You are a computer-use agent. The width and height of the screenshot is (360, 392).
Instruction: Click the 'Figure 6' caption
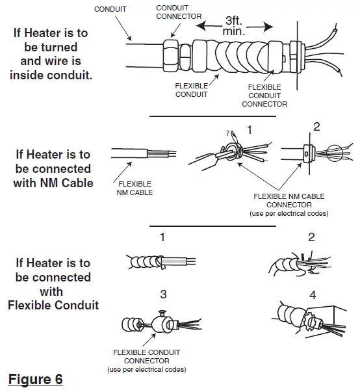click(36, 379)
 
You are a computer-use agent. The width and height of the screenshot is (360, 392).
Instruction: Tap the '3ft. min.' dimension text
click(234, 26)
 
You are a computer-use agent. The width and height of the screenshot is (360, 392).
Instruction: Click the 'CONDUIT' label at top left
click(110, 9)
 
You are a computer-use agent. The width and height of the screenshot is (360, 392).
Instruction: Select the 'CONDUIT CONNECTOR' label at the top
click(179, 12)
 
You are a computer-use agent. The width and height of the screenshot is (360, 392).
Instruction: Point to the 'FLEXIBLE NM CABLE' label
click(135, 189)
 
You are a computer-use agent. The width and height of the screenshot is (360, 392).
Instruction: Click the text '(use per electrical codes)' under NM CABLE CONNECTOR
click(289, 213)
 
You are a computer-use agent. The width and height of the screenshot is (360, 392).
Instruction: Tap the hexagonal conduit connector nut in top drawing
click(171, 56)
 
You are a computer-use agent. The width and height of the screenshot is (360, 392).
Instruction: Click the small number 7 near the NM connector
click(227, 133)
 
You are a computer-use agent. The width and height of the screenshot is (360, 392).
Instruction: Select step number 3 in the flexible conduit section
click(163, 294)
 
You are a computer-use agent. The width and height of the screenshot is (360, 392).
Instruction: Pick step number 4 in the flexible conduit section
click(313, 295)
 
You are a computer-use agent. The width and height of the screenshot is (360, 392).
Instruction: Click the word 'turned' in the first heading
click(51, 47)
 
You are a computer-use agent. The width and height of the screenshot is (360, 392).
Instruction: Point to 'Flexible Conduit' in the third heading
click(53, 306)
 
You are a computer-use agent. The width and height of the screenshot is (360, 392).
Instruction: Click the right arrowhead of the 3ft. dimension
click(269, 27)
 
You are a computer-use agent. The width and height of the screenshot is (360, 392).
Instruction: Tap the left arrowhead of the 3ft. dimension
click(201, 26)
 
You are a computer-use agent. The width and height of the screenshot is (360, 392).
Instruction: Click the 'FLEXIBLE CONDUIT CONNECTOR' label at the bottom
click(147, 356)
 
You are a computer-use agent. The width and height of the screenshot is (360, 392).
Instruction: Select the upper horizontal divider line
click(212, 116)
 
